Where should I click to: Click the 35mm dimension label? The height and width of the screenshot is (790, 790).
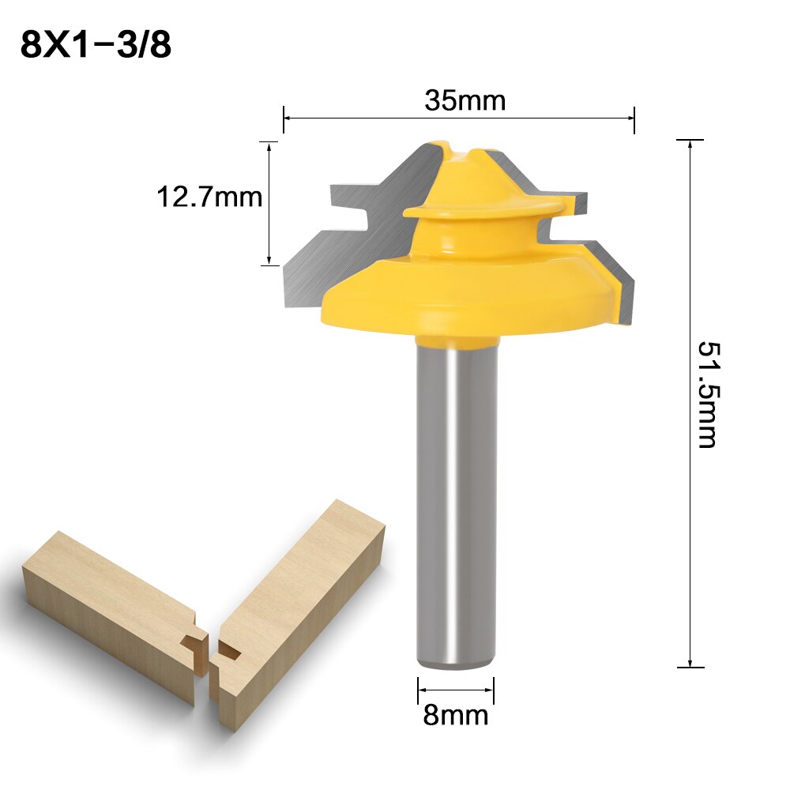coord(464,101)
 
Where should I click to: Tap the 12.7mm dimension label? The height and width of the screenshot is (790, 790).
coord(209,197)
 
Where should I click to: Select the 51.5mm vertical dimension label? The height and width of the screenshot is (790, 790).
coord(708,394)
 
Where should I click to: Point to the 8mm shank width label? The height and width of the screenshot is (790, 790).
coord(456,716)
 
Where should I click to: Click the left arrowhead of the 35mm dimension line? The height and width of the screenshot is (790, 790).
coord(287,118)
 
